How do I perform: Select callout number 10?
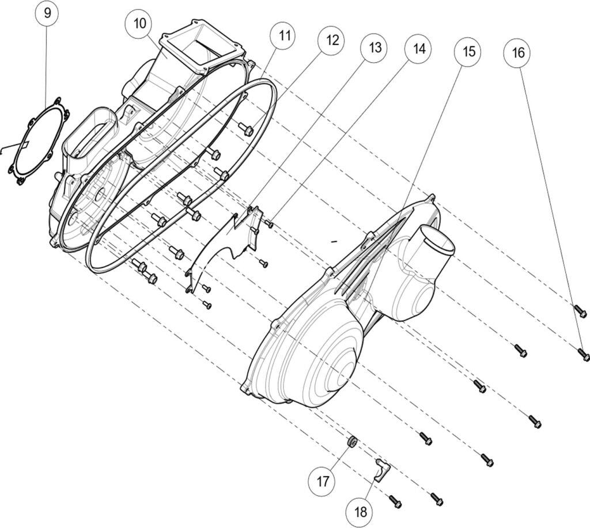click(x=140, y=25)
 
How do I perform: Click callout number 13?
click(x=375, y=47)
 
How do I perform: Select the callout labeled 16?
click(x=517, y=52)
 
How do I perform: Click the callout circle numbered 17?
click(x=322, y=480)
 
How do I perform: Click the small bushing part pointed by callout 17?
click(x=351, y=442)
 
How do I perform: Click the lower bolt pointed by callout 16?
click(x=583, y=354)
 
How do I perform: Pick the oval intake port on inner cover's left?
click(x=92, y=130)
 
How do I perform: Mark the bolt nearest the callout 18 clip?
click(x=396, y=502)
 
